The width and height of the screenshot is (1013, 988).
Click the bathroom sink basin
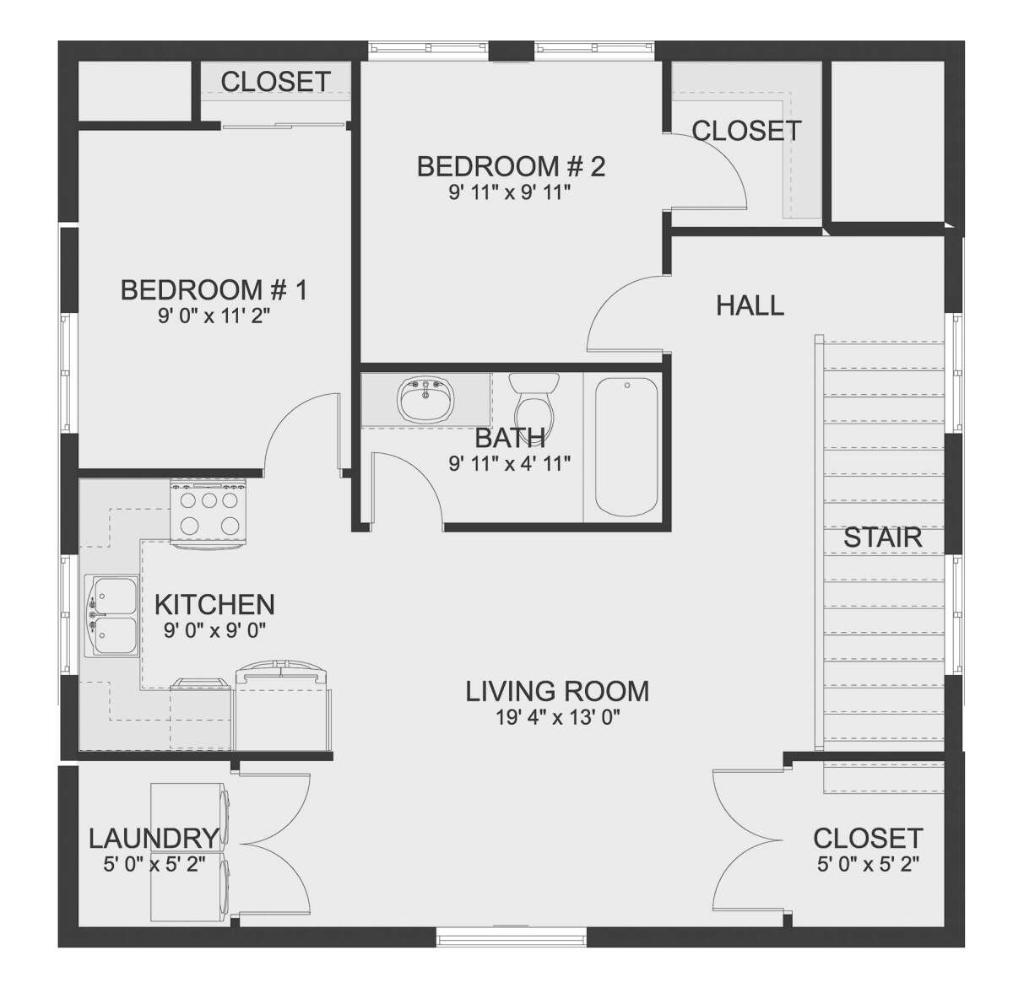pyautogui.click(x=425, y=400)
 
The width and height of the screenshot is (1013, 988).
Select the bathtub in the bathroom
pyautogui.click(x=626, y=446)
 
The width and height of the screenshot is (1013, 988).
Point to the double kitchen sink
pyautogui.click(x=111, y=615)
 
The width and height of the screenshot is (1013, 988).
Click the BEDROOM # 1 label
pyautogui.click(x=214, y=289)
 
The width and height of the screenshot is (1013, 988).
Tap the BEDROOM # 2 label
pyautogui.click(x=512, y=166)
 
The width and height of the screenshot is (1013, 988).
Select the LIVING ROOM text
pyautogui.click(x=557, y=692)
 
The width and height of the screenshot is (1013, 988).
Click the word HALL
pyautogui.click(x=750, y=305)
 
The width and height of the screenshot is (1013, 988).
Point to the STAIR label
pyautogui.click(x=882, y=537)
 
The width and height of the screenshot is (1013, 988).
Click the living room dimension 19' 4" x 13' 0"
pyautogui.click(x=557, y=718)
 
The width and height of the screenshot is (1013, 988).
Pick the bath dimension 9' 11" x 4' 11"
pyautogui.click(x=510, y=463)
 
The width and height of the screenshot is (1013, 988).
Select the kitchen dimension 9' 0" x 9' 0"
pyautogui.click(x=214, y=630)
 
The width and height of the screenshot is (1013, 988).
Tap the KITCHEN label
pyautogui.click(x=214, y=605)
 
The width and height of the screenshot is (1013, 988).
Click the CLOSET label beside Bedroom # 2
pyautogui.click(x=746, y=131)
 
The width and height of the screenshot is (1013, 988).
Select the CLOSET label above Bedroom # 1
pyautogui.click(x=275, y=82)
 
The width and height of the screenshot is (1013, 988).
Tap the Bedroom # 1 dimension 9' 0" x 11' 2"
pyautogui.click(x=214, y=316)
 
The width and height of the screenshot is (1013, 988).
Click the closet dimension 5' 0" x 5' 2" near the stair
pyautogui.click(x=868, y=864)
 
